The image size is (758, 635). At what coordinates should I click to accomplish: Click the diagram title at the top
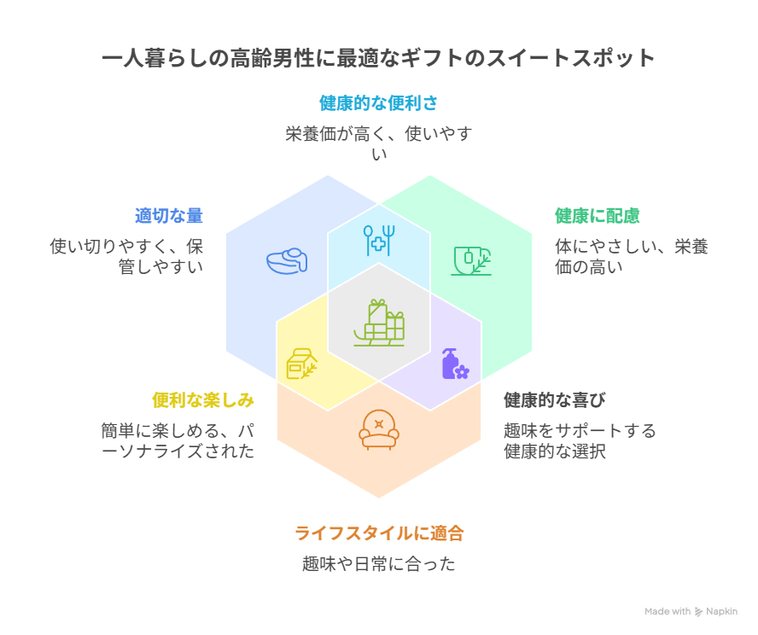click(379, 58)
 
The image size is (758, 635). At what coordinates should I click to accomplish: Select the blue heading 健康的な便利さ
click(379, 103)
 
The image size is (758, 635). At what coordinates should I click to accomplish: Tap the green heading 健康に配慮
click(598, 216)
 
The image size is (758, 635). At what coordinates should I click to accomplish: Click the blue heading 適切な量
click(169, 216)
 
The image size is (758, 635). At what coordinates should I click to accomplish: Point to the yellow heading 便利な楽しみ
click(203, 400)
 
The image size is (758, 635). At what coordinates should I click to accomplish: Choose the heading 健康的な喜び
click(555, 400)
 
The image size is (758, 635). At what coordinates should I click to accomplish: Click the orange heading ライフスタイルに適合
click(379, 533)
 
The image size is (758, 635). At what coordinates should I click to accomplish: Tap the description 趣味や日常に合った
click(379, 564)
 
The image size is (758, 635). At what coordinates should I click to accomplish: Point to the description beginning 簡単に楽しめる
click(178, 441)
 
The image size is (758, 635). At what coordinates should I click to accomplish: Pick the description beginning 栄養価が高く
click(379, 143)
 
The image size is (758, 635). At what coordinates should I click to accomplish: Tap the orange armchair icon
click(379, 429)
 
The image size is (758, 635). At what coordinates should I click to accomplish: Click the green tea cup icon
click(470, 260)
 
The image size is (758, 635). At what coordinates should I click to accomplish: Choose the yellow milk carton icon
click(301, 364)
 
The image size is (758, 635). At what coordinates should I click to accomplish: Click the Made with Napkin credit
click(691, 611)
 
